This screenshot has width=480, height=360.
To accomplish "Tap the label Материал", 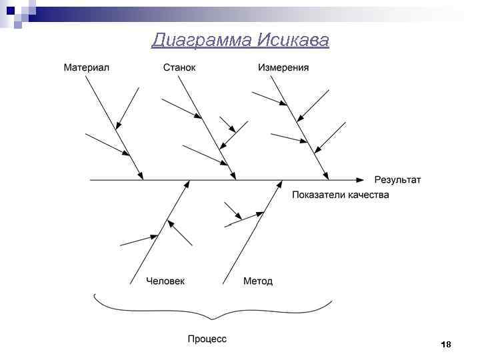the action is pyautogui.click(x=86, y=67).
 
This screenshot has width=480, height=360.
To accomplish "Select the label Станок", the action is pyautogui.click(x=179, y=67).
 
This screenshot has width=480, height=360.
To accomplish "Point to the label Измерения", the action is pyautogui.click(x=283, y=67).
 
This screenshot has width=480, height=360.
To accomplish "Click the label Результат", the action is pyautogui.click(x=397, y=180).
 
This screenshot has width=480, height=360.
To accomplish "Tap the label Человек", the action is pyautogui.click(x=165, y=281).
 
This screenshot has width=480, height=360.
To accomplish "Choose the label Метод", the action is pyautogui.click(x=258, y=281).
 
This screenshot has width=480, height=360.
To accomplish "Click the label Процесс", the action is pyautogui.click(x=207, y=339).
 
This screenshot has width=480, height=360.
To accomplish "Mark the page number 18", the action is pyautogui.click(x=446, y=344).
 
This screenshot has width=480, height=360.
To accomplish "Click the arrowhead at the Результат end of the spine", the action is pyautogui.click(x=361, y=180).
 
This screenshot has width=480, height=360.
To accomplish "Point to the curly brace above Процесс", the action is pyautogui.click(x=213, y=309).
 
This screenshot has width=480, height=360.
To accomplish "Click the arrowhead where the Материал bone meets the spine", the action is pyautogui.click(x=141, y=176).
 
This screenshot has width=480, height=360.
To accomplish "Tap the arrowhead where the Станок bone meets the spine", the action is pyautogui.click(x=234, y=176).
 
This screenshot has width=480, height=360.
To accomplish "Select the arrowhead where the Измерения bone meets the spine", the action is pyautogui.click(x=327, y=176).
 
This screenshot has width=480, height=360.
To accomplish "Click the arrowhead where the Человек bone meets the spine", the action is pyautogui.click(x=187, y=184).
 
